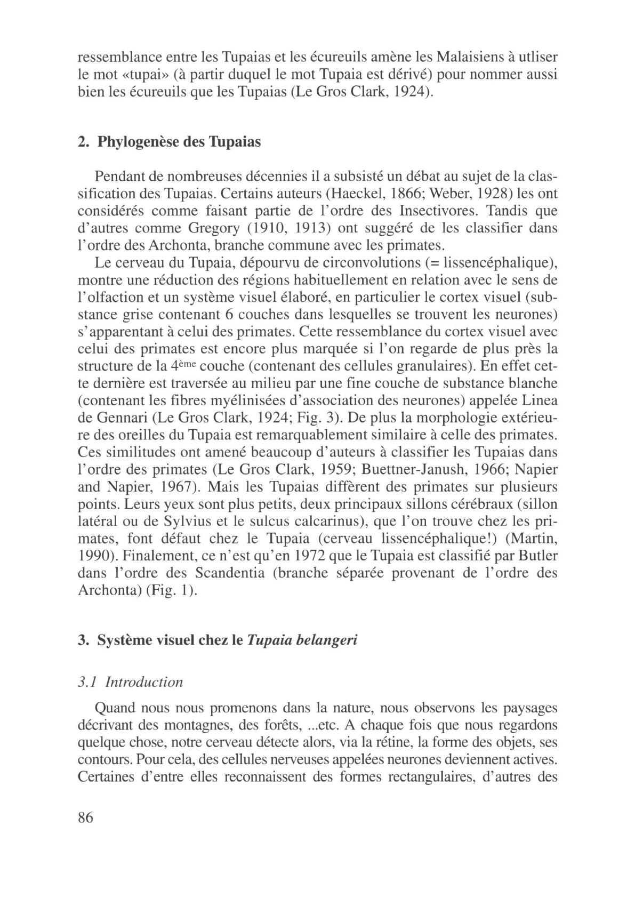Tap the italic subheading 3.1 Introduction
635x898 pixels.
pyautogui.click(x=130, y=681)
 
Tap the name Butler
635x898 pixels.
pyautogui.click(x=537, y=556)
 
